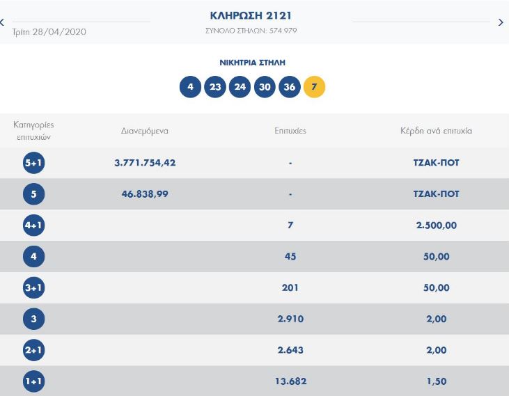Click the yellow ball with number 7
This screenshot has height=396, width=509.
pos(314,87)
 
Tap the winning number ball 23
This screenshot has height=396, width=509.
pos(215,87)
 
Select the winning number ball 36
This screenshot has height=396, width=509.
pos(290,87)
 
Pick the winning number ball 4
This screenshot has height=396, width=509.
pos(190,87)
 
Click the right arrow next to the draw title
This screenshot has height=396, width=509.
pos(501,22)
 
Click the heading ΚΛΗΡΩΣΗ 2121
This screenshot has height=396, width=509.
pos(251,15)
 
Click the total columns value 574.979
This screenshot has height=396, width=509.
pos(283,31)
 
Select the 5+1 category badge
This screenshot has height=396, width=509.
pos(33,163)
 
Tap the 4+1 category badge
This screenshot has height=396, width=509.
pos(33,225)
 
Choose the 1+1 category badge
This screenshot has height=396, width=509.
pos(33,381)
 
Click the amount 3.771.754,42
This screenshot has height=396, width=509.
pos(145,163)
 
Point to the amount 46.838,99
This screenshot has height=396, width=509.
pos(145,194)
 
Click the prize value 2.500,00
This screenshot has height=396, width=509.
pos(436,225)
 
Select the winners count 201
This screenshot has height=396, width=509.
pos(290,287)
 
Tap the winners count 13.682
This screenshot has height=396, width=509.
pos(290,381)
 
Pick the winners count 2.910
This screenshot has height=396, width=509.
pos(290,319)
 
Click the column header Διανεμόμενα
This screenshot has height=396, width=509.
pos(145,131)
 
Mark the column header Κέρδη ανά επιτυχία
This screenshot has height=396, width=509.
pos(436,131)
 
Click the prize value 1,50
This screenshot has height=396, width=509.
pos(436,381)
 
